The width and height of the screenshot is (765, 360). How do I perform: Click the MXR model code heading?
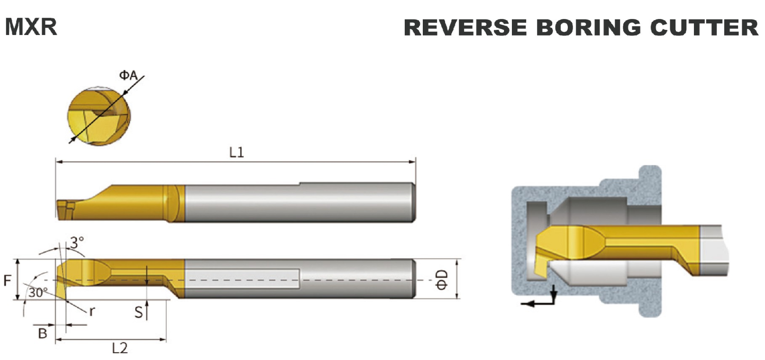click(31, 27)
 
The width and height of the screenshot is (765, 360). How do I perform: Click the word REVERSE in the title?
click(465, 27)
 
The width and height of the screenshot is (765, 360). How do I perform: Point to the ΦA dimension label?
click(128, 75)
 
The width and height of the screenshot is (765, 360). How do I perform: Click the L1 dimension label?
click(236, 152)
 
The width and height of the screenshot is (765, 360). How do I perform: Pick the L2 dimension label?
click(119, 349)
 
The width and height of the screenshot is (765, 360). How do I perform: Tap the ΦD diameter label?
click(442, 279)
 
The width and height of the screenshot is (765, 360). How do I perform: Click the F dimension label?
click(7, 280)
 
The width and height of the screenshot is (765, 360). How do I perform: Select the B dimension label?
click(43, 333)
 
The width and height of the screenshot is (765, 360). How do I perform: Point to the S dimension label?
click(138, 312)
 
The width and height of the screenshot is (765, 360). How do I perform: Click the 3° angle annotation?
click(77, 243)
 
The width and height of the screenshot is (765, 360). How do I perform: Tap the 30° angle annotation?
click(38, 293)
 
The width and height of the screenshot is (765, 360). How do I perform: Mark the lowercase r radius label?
click(92, 311)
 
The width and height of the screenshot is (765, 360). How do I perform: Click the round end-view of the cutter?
click(99, 116)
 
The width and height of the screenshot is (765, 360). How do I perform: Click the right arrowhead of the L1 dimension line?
click(413, 162)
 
